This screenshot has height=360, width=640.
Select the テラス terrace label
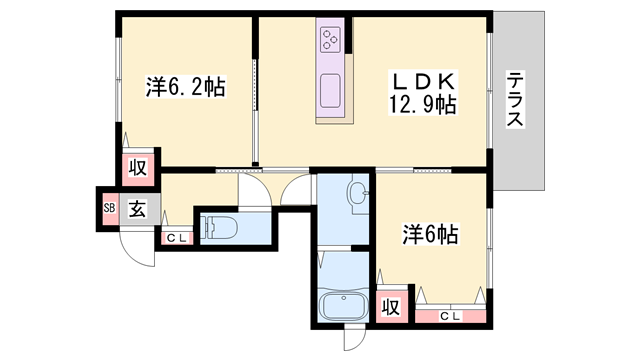[516, 100]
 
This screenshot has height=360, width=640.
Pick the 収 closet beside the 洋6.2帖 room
[137, 169]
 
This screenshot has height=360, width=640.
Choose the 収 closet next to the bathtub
[392, 306]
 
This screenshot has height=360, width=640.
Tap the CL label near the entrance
[176, 238]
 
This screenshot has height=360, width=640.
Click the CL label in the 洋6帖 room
[449, 317]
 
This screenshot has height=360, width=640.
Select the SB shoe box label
[108, 209]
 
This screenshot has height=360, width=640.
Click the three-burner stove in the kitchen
[332, 41]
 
